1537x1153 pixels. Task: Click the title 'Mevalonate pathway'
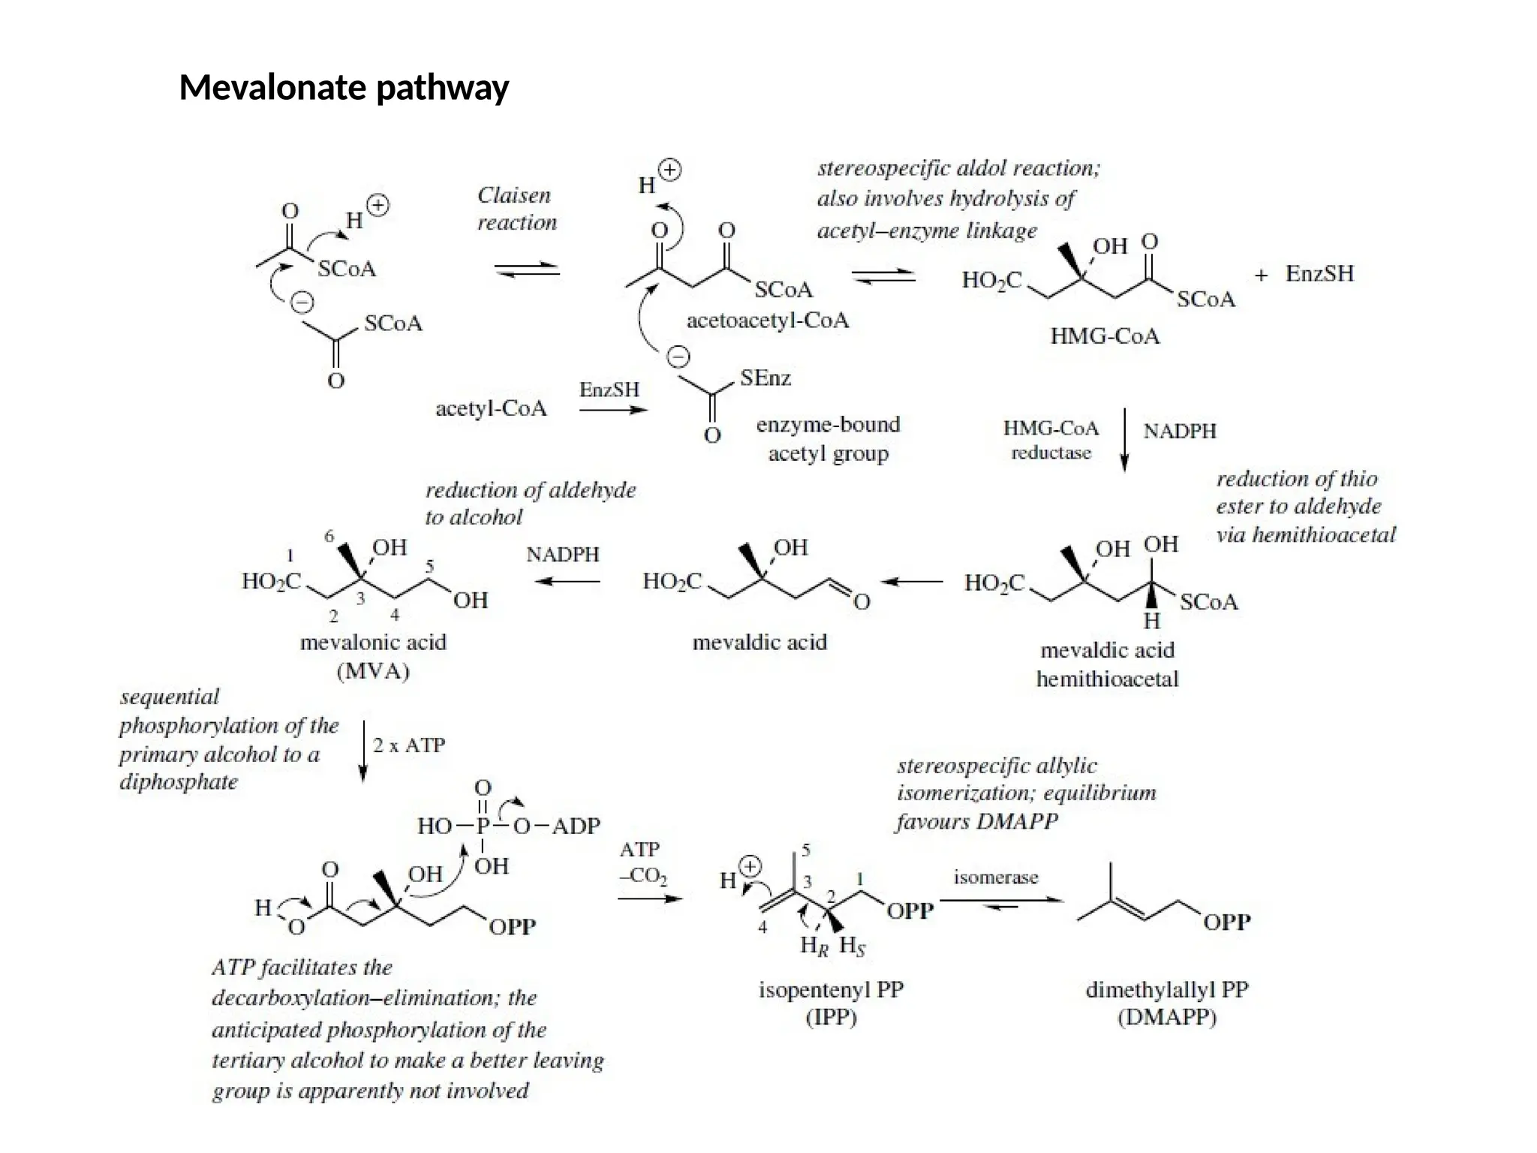[344, 87]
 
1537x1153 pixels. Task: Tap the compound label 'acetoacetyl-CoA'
[767, 321]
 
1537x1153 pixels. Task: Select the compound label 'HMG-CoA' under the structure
[1104, 336]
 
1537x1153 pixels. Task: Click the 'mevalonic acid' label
[373, 643]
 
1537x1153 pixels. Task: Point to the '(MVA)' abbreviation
[373, 670]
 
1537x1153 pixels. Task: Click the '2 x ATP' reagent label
[409, 745]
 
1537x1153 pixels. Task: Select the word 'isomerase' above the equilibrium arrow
[995, 877]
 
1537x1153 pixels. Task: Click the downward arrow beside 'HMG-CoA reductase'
[1123, 439]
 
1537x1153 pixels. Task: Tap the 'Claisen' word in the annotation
[514, 195]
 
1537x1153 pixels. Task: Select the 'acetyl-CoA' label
[491, 408]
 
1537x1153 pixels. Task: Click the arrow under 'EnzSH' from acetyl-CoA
[612, 410]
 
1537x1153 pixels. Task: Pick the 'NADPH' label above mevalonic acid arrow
[563, 555]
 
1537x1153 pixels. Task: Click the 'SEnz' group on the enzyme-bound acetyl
[765, 378]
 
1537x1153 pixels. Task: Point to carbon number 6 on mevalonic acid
[329, 536]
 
